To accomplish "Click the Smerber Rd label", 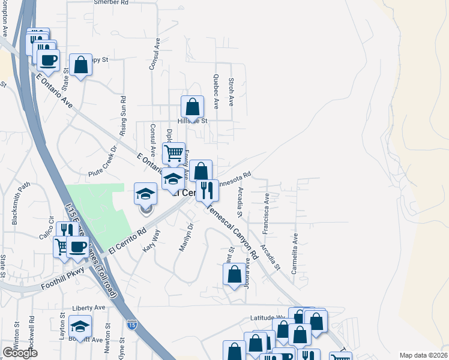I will [x=112, y=3].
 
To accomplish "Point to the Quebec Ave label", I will [x=215, y=91].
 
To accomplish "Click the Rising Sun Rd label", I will [x=124, y=115].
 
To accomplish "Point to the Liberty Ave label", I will [x=88, y=308].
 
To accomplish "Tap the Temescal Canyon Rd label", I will [x=234, y=233].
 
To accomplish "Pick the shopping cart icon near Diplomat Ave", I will [x=173, y=152].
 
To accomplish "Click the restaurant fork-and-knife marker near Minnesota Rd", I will [x=207, y=190].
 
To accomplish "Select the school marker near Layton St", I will [x=79, y=326].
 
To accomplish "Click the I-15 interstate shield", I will [x=130, y=325].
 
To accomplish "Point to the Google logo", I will [x=20, y=353].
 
